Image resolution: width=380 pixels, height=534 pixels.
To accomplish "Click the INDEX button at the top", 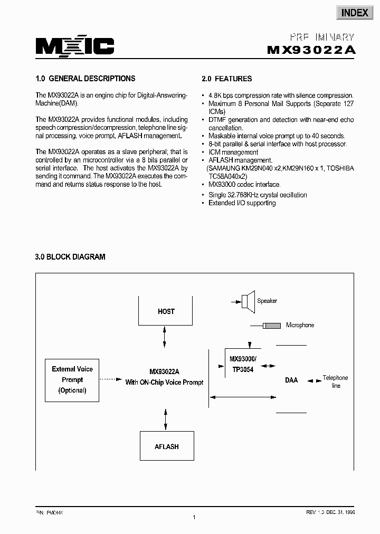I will [x=354, y=13].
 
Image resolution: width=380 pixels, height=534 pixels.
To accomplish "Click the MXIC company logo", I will [x=74, y=47].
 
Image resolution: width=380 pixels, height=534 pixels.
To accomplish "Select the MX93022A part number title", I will [x=311, y=50].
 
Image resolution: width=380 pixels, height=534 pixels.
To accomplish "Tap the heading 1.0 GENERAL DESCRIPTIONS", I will [x=85, y=79].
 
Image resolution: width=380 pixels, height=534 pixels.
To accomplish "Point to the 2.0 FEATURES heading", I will [x=226, y=79].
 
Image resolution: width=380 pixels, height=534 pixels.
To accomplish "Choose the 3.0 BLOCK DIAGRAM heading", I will [x=70, y=257].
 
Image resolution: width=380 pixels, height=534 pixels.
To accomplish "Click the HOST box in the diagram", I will [x=166, y=311].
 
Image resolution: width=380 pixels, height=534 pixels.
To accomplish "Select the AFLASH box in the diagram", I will [x=166, y=446].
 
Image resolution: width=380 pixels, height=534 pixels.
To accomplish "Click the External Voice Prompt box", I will [x=72, y=380].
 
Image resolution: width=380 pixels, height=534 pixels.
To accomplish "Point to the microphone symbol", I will [x=272, y=326].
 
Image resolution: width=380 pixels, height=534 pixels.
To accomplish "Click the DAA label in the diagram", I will [x=291, y=380].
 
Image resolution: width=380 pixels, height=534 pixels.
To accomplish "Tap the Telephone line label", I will [x=336, y=382].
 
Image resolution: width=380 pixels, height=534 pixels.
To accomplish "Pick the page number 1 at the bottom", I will [x=194, y=518].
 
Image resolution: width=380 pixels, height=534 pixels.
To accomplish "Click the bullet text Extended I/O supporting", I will [x=242, y=203].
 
